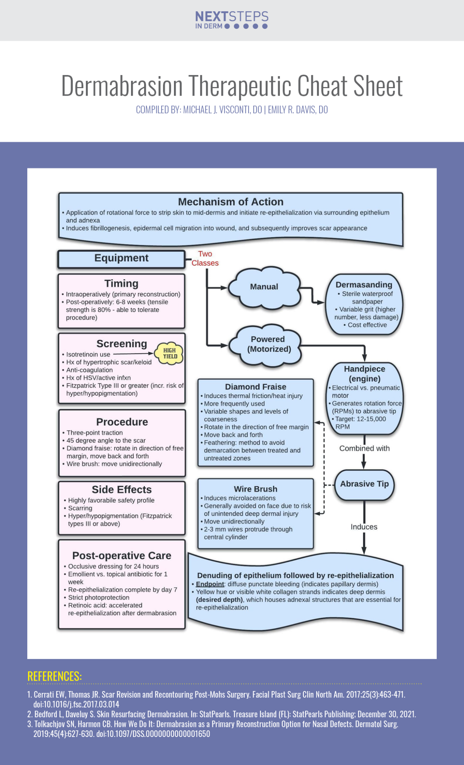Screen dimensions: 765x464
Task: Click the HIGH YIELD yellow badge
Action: point(170,353)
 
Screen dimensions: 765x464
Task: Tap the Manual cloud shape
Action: point(264,287)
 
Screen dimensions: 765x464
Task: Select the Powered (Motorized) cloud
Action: point(267,344)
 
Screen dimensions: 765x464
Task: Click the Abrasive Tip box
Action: point(364,484)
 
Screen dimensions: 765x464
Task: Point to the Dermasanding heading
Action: point(364,285)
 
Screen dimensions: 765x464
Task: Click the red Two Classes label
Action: point(205,258)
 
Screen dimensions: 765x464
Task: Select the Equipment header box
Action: point(121,258)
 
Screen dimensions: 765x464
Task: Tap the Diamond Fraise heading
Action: point(255,387)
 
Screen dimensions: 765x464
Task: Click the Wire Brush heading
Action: point(255,489)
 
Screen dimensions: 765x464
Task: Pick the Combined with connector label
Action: point(364,448)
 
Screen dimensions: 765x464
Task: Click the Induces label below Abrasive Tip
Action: point(364,527)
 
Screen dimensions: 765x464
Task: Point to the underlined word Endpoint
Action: point(210,584)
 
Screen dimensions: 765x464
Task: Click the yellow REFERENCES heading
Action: point(55,676)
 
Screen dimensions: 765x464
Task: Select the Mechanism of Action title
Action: point(231,202)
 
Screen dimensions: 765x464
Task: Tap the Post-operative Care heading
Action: point(122,555)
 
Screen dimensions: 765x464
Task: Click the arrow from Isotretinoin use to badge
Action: point(133,354)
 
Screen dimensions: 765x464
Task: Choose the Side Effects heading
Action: point(122,490)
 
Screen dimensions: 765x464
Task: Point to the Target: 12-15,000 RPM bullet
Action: point(361,422)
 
